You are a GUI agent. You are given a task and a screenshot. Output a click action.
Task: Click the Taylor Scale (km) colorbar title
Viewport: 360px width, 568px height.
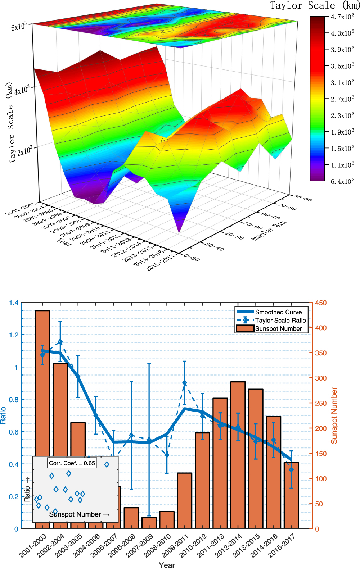[314, 6]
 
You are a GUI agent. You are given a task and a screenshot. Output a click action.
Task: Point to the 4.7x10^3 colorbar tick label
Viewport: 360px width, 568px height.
[342, 17]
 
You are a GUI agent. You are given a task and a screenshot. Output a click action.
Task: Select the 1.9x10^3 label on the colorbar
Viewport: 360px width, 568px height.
[342, 132]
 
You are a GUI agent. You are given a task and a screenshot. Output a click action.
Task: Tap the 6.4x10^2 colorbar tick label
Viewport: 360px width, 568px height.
[342, 181]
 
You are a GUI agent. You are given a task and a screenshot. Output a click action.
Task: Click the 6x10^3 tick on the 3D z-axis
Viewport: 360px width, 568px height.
[19, 27]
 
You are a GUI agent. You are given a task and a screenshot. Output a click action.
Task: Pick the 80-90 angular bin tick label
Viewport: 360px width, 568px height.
[303, 198]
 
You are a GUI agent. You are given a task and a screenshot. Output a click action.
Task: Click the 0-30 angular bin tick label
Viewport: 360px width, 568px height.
[192, 258]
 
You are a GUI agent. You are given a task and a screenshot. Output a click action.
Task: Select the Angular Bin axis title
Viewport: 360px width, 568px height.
[268, 230]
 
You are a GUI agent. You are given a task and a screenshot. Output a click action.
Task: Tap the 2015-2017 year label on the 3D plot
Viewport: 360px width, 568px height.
[159, 263]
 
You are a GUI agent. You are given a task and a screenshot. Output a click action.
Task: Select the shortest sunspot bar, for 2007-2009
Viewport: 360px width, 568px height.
[149, 523]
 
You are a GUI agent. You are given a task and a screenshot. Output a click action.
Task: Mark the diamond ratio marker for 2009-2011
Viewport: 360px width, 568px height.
[185, 383]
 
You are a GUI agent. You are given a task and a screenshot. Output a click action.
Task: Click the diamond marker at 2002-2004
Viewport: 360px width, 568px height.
[60, 342]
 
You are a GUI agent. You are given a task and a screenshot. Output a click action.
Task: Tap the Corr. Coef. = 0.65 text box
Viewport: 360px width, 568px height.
[72, 463]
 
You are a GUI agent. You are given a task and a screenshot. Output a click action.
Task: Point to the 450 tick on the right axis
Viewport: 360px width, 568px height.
[320, 303]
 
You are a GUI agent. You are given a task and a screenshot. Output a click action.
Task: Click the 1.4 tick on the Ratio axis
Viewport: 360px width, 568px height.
[14, 303]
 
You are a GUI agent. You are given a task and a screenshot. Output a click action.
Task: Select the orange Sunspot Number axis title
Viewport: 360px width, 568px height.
[334, 415]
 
